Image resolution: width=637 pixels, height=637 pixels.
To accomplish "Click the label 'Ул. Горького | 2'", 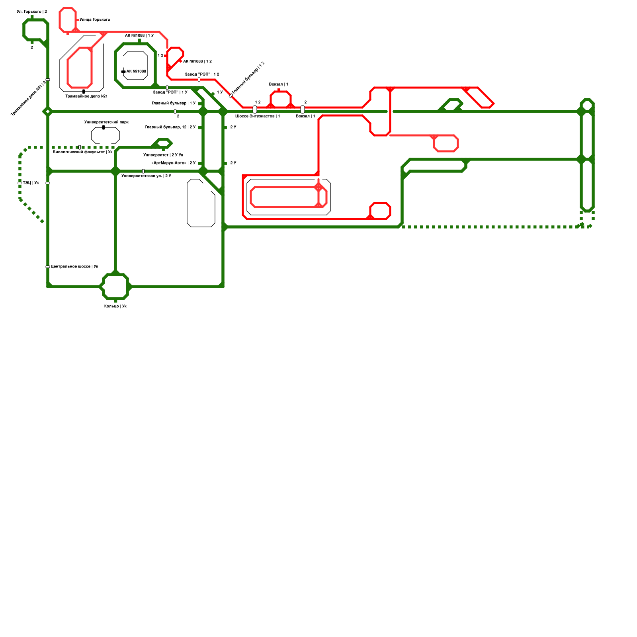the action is pos(32,12).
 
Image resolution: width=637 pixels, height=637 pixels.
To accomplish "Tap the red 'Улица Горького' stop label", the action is pos(95,20).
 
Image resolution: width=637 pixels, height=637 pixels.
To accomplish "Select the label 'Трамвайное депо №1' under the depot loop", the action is pos(86,96).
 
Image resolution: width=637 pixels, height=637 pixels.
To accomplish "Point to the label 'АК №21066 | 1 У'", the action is pos(139,36).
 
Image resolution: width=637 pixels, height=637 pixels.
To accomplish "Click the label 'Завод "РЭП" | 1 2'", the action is pos(202,74).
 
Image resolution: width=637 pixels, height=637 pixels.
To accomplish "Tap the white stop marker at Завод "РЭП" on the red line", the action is pos(199,80).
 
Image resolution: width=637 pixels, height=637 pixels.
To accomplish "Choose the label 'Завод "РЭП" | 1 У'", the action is pos(170,92).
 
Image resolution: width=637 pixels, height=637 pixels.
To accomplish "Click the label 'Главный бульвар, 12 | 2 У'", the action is pos(170,127).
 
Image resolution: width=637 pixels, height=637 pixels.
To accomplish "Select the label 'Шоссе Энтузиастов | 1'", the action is pos(258,116).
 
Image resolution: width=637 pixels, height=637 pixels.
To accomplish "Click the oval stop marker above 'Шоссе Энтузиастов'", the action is pos(255,109).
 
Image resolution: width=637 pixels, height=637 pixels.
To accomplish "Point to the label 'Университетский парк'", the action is pos(106,122).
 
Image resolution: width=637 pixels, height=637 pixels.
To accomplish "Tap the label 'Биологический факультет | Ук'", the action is pos(83,152).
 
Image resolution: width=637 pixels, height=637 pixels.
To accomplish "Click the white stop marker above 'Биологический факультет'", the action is pos(80,147).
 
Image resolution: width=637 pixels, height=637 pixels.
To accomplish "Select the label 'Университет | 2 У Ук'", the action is pos(163,155).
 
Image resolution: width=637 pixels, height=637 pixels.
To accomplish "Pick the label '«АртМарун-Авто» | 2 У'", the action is pos(174,163).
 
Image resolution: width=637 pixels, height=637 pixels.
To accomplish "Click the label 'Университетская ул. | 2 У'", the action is pos(146,176).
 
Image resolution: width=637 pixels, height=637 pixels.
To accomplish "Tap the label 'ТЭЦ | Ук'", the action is pos(31,183).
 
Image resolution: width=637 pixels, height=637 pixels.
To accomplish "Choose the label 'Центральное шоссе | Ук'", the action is pos(74,267).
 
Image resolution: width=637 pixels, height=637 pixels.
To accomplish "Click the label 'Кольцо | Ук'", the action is pos(115,307).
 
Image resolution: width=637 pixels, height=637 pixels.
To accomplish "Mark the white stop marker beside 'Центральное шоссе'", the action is pos(48,267).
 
